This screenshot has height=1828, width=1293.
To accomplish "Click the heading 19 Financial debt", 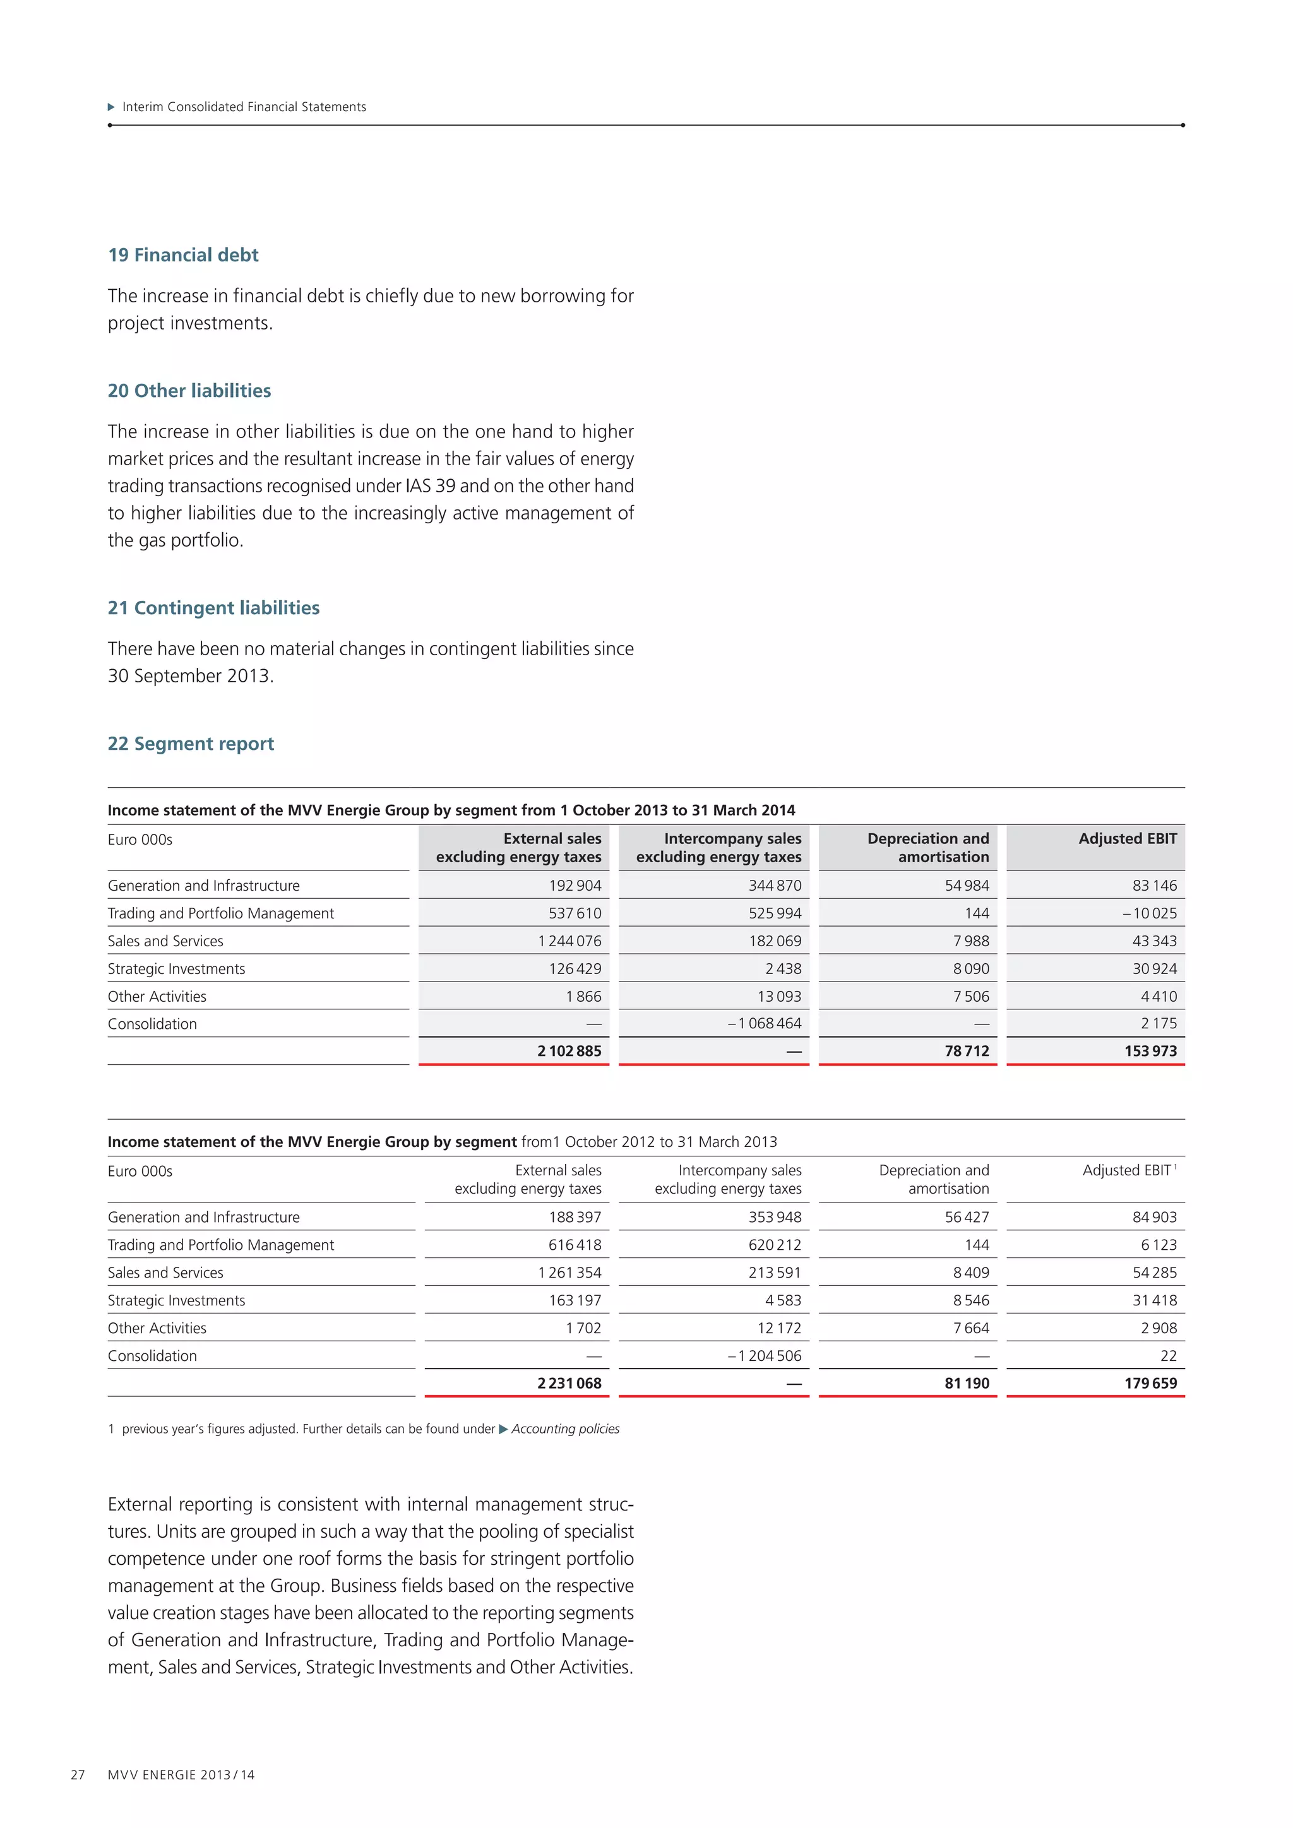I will click(183, 255).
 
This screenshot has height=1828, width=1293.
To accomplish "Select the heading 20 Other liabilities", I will click(189, 390).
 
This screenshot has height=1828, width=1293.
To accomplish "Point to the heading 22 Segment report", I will click(191, 744).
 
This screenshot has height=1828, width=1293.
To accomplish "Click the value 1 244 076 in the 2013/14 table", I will click(569, 941).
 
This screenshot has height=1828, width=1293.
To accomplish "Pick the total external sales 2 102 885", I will click(569, 1051).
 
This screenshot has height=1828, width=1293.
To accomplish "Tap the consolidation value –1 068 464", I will click(765, 1023).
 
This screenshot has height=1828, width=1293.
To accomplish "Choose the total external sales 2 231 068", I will click(569, 1383).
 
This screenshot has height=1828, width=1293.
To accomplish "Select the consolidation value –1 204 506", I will click(765, 1355).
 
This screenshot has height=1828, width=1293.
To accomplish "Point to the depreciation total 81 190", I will click(967, 1383).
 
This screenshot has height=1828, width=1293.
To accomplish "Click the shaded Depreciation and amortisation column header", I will click(927, 847).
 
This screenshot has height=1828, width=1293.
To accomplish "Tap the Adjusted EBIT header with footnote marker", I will click(1129, 1170).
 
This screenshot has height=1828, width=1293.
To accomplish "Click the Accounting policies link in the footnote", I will click(564, 1428).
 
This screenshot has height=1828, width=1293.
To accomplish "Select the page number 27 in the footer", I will click(77, 1774).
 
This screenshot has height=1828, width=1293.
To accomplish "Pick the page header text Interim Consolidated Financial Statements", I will click(244, 107).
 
